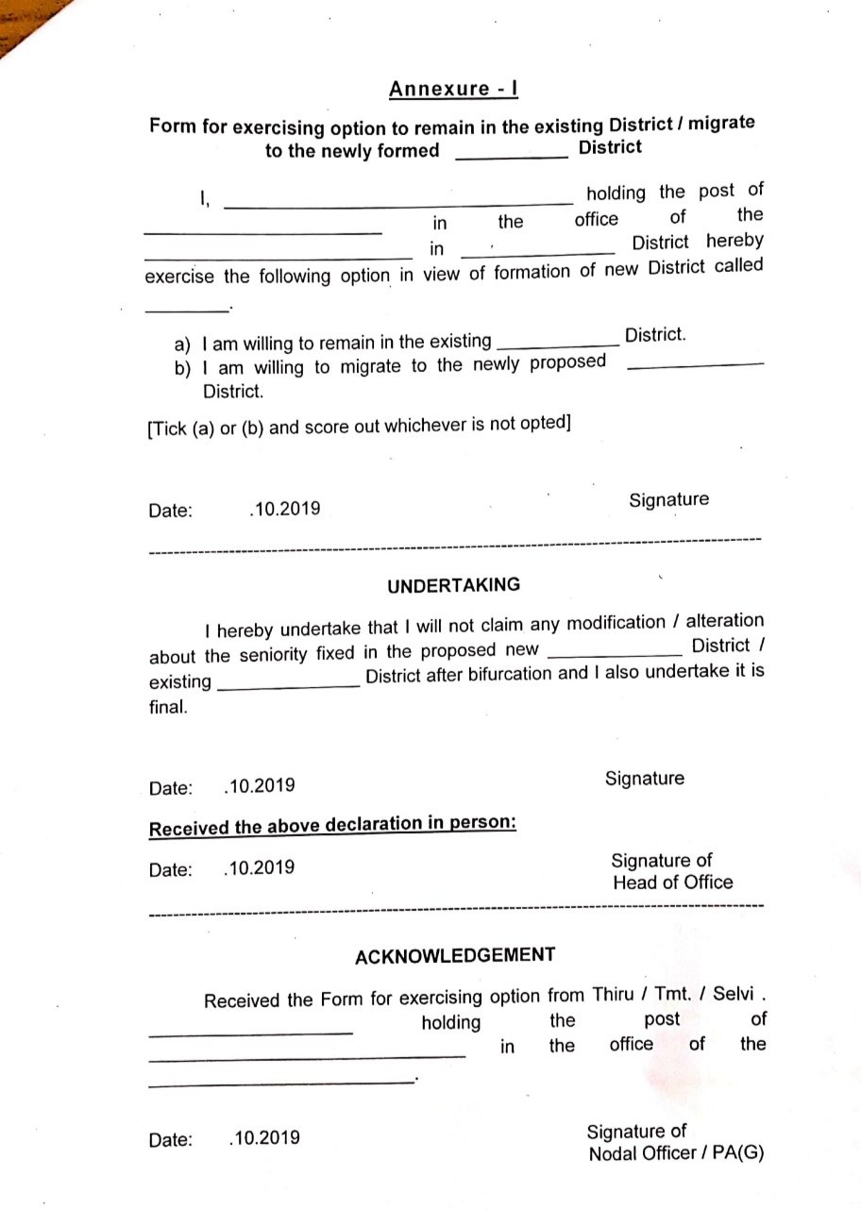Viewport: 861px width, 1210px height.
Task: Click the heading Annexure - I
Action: click(453, 89)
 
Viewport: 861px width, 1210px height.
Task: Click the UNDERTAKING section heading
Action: click(453, 585)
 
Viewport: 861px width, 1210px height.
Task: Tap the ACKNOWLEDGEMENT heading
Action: click(455, 955)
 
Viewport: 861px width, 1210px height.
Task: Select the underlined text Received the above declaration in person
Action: click(332, 826)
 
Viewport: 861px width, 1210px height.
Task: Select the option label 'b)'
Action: click(183, 367)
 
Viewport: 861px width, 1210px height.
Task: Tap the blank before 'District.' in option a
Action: click(557, 345)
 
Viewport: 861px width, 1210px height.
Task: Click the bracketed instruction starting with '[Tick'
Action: click(359, 426)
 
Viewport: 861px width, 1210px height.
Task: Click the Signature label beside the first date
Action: click(668, 500)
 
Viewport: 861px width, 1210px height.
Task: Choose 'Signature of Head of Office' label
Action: click(671, 871)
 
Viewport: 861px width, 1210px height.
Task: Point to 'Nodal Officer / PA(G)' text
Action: click(676, 1154)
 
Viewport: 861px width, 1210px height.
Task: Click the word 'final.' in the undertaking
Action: click(168, 706)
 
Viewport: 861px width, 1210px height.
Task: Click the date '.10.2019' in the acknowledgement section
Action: click(264, 1137)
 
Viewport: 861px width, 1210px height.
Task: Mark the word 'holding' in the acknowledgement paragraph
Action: click(450, 1022)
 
